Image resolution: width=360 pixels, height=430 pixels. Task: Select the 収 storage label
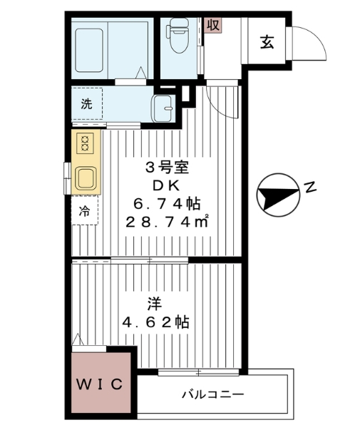212,25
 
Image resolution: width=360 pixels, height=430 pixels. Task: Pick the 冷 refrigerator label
85,212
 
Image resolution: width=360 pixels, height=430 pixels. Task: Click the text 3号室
166,168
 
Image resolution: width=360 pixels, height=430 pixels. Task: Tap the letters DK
166,185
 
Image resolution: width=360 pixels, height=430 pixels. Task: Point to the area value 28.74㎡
167,222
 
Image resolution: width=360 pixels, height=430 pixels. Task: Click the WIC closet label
101,384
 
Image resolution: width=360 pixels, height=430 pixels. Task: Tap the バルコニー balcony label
212,394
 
